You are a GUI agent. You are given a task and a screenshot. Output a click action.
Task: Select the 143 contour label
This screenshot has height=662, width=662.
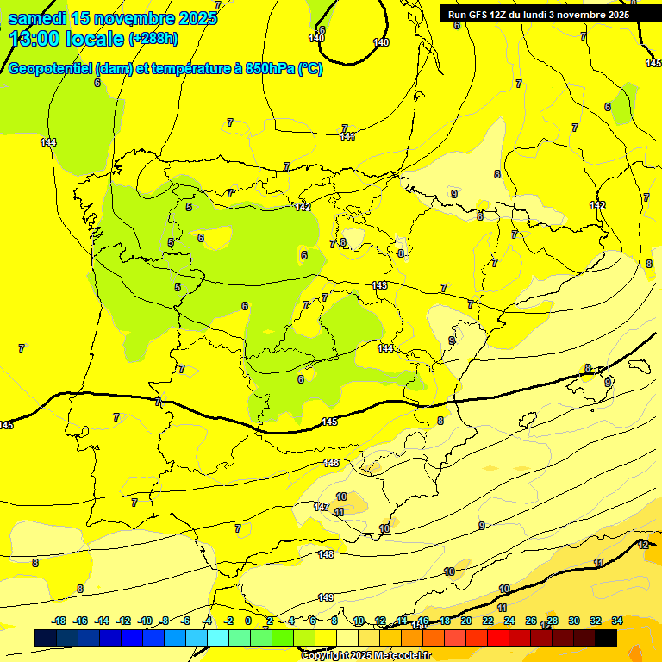pos(379,285)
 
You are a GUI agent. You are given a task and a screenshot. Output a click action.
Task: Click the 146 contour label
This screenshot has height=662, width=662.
pos(331,463)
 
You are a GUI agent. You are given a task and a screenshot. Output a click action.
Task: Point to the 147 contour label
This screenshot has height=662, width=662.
pos(322,507)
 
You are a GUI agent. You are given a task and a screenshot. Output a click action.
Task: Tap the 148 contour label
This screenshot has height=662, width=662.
pos(326,554)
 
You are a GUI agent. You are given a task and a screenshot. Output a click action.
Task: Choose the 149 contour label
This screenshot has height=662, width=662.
pos(326,597)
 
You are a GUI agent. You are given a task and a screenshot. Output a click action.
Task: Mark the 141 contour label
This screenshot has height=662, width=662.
pos(347,136)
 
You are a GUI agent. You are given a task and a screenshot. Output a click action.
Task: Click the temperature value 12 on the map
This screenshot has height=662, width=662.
pos(643,545)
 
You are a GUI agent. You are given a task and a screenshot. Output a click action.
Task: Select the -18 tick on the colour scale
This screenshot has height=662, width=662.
pos(59,621)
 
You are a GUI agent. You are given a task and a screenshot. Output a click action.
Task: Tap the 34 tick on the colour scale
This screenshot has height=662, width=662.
pos(617,621)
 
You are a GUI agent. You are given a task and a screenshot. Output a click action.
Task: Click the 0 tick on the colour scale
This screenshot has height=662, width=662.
pos(248,621)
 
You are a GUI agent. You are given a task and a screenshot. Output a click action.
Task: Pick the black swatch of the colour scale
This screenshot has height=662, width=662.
pos(606,638)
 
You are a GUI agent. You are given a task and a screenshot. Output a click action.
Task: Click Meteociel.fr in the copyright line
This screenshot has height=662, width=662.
pos(403,655)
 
